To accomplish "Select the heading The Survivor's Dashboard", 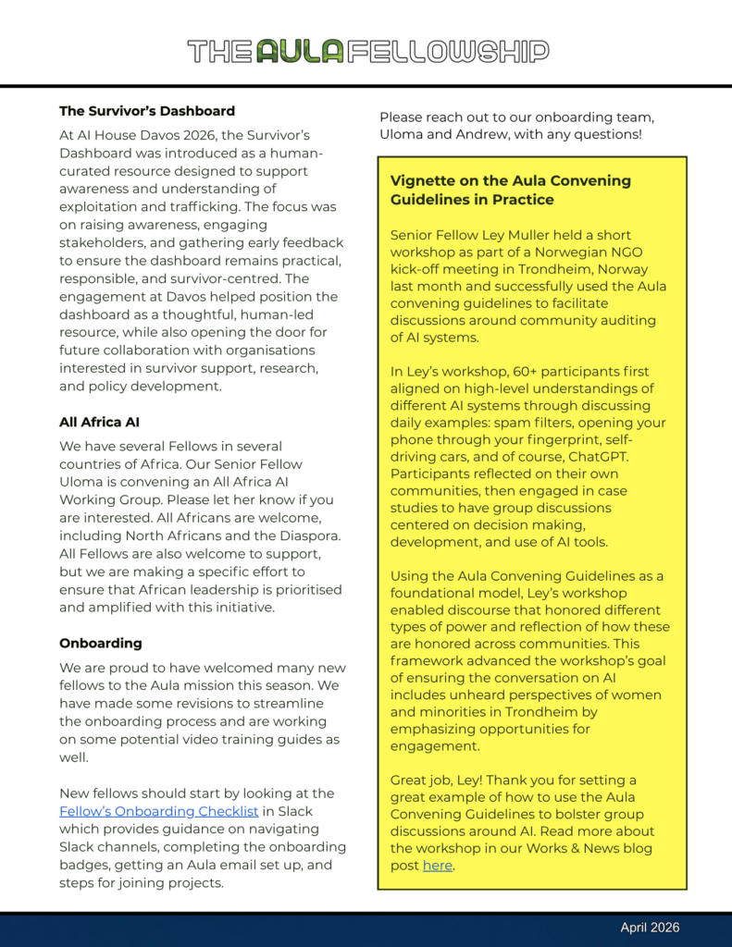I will click(147, 111).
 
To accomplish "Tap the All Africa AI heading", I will click(99, 422).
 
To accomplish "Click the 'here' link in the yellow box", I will click(438, 866).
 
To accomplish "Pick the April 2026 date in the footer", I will click(650, 928).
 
